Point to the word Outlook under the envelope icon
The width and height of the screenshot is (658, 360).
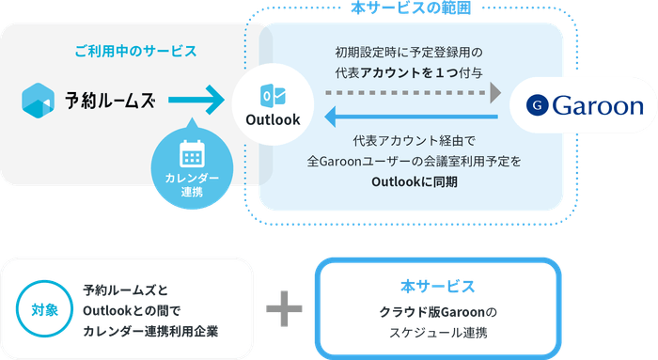click(273, 119)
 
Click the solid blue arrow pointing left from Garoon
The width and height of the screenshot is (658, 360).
click(409, 117)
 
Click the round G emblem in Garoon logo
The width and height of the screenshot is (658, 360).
click(537, 104)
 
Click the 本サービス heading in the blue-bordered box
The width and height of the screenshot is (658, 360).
click(436, 285)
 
